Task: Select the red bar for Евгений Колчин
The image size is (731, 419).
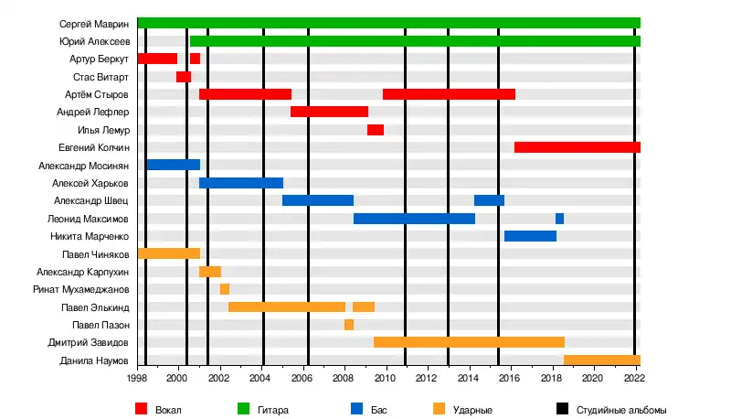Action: [x=577, y=147]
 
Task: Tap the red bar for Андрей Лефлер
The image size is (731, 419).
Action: [x=329, y=112]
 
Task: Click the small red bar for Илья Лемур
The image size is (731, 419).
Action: [x=375, y=130]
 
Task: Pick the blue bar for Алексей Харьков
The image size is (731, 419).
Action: [x=240, y=183]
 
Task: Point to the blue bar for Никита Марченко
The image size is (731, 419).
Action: [x=530, y=236]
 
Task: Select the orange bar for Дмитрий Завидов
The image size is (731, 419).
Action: [x=469, y=342]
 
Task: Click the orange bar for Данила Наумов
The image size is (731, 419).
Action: [x=602, y=360]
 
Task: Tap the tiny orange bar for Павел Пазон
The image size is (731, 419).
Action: [x=349, y=325]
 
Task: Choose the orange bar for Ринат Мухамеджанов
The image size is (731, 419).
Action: [x=224, y=289]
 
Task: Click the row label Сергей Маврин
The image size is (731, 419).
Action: [x=94, y=23]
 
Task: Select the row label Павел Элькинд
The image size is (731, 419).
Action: [x=95, y=307]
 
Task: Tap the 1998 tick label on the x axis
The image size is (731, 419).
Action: [x=137, y=375]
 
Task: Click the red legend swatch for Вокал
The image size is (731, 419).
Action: [x=142, y=409]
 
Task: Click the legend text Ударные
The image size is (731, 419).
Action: [x=473, y=409]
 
